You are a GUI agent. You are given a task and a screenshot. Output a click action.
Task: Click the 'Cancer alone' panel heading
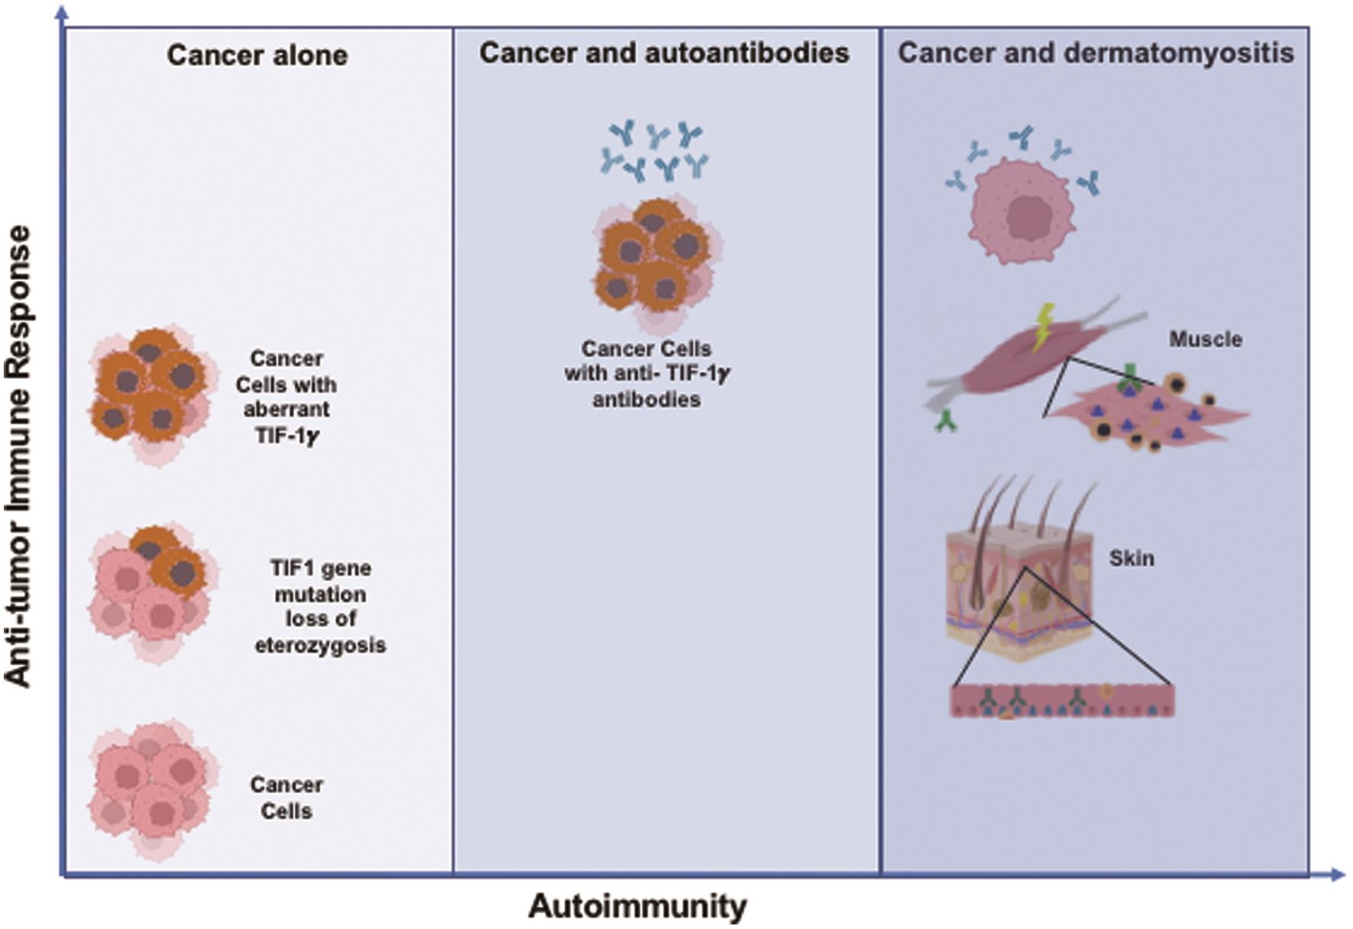pyautogui.click(x=257, y=55)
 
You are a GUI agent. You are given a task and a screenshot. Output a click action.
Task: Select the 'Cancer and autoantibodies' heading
pyautogui.click(x=664, y=53)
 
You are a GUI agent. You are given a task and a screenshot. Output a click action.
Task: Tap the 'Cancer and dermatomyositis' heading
pyautogui.click(x=1095, y=53)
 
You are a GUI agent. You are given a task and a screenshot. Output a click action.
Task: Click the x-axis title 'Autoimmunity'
pyautogui.click(x=638, y=906)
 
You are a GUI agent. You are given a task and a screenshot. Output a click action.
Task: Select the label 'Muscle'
pyautogui.click(x=1205, y=339)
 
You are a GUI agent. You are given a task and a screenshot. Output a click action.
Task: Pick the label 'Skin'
pyautogui.click(x=1131, y=558)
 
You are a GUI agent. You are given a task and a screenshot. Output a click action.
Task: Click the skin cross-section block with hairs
pyautogui.click(x=1019, y=588)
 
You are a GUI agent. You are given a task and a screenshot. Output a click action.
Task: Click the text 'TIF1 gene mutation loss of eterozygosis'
pyautogui.click(x=320, y=606)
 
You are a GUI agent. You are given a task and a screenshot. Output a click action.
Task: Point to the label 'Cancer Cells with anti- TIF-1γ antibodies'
pyautogui.click(x=647, y=374)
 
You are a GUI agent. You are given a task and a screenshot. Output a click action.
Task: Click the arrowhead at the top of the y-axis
pyautogui.click(x=63, y=11)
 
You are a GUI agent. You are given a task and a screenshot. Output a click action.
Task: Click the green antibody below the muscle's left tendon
pyautogui.click(x=946, y=421)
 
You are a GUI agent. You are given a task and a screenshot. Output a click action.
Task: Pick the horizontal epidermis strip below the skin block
pyautogui.click(x=1062, y=701)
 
